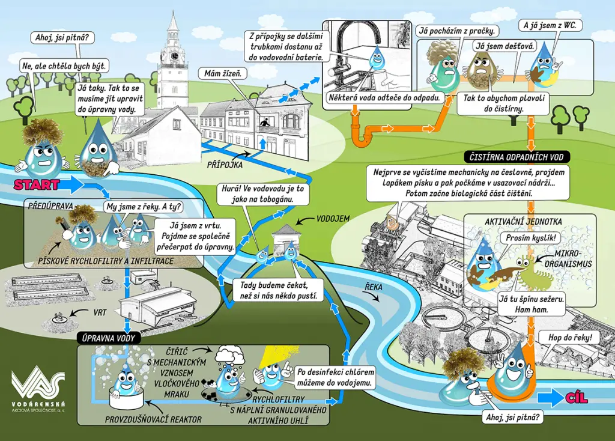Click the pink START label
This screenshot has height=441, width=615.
37,185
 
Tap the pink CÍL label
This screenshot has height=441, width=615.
577,398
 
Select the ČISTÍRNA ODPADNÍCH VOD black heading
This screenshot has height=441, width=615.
517,157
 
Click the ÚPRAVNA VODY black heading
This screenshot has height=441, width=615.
108,338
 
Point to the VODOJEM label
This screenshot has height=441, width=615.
333,219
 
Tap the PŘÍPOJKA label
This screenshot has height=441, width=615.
225,165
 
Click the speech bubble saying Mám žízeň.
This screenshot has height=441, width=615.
222,73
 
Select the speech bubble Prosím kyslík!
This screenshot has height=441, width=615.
531,238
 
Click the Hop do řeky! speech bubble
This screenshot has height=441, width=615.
570,337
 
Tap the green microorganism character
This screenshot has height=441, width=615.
534,272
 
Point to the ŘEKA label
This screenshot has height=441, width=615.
374,287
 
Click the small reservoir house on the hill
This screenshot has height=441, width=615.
287,238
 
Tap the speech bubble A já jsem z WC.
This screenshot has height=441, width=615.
550,25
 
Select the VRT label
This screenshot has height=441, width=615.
100,312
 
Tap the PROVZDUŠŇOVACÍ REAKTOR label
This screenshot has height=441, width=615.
153,419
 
